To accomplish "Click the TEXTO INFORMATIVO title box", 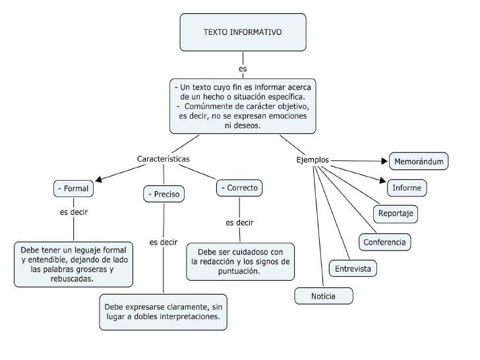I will pyautogui.click(x=243, y=32).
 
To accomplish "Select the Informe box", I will pyautogui.click(x=407, y=188).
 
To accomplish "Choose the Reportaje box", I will pyautogui.click(x=396, y=214).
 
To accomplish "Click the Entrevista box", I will pyautogui.click(x=353, y=268).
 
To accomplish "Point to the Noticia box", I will pyautogui.click(x=323, y=296).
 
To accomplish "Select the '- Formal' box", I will pyautogui.click(x=73, y=189).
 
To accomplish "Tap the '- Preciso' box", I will pyautogui.click(x=164, y=195).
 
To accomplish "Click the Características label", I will pyautogui.click(x=164, y=160).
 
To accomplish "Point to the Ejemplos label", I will pyautogui.click(x=313, y=160).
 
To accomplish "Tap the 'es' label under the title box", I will pyautogui.click(x=243, y=68).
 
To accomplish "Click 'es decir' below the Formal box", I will pyautogui.click(x=74, y=212).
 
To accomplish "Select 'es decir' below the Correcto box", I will pyautogui.click(x=239, y=222).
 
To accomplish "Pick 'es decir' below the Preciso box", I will pyautogui.click(x=164, y=242).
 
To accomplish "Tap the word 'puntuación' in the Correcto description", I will pyautogui.click(x=239, y=270).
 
